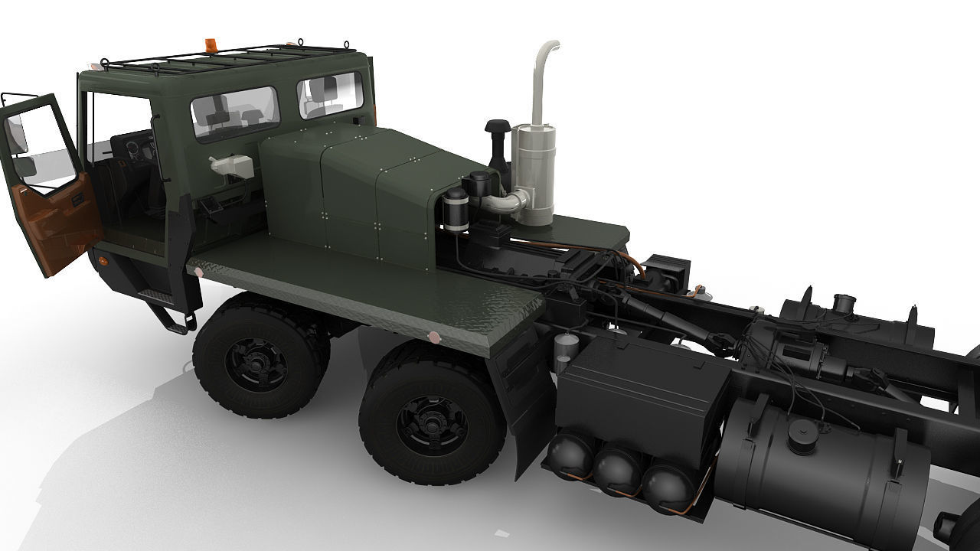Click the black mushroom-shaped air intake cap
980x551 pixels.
point(498,127)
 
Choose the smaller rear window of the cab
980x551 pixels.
point(330,95)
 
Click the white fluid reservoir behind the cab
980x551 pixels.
point(231,165)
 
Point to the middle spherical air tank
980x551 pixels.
point(617,470)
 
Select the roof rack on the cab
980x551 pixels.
point(222,60)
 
